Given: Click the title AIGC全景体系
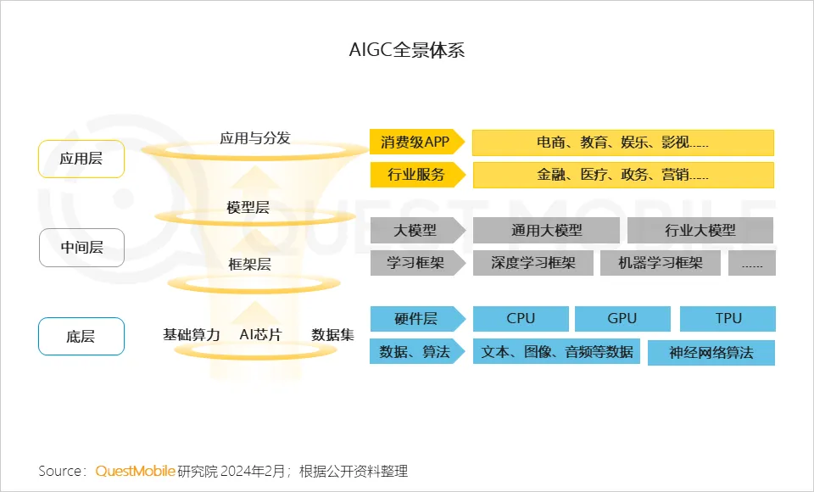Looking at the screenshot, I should tap(407, 50).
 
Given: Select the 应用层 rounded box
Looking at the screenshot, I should tap(81, 159).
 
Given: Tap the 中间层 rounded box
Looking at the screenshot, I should tap(81, 248).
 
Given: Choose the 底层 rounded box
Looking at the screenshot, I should tap(81, 337).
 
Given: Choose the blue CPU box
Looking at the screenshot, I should tap(520, 319).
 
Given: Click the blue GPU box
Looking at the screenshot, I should tap(622, 319).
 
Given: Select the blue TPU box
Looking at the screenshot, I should tap(728, 319).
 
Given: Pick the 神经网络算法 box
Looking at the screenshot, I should tap(711, 353).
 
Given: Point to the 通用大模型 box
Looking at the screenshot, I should tap(546, 230).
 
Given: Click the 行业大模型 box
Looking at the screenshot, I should tap(700, 230).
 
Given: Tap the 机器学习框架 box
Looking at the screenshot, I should tap(660, 263).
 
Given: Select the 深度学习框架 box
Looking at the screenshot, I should tap(532, 263).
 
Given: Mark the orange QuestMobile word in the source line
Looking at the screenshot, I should tap(135, 471).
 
